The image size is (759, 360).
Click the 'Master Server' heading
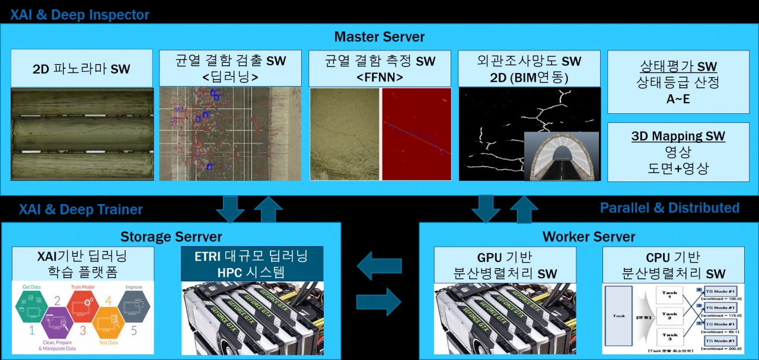point(379,37)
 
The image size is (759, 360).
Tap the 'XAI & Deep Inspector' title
point(79,14)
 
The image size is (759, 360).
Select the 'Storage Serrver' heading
point(171,237)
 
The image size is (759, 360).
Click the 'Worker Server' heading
point(589,237)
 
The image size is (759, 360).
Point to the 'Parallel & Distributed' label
point(669,208)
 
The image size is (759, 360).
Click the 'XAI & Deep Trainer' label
point(81,209)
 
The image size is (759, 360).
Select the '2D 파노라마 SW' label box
point(82,69)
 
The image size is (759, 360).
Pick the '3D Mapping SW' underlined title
point(678,136)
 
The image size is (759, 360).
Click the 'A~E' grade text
point(678,99)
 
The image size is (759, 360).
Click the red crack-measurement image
point(416,134)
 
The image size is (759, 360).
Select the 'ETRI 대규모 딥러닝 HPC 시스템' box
point(252,264)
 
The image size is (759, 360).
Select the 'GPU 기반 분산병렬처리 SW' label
point(505,265)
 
